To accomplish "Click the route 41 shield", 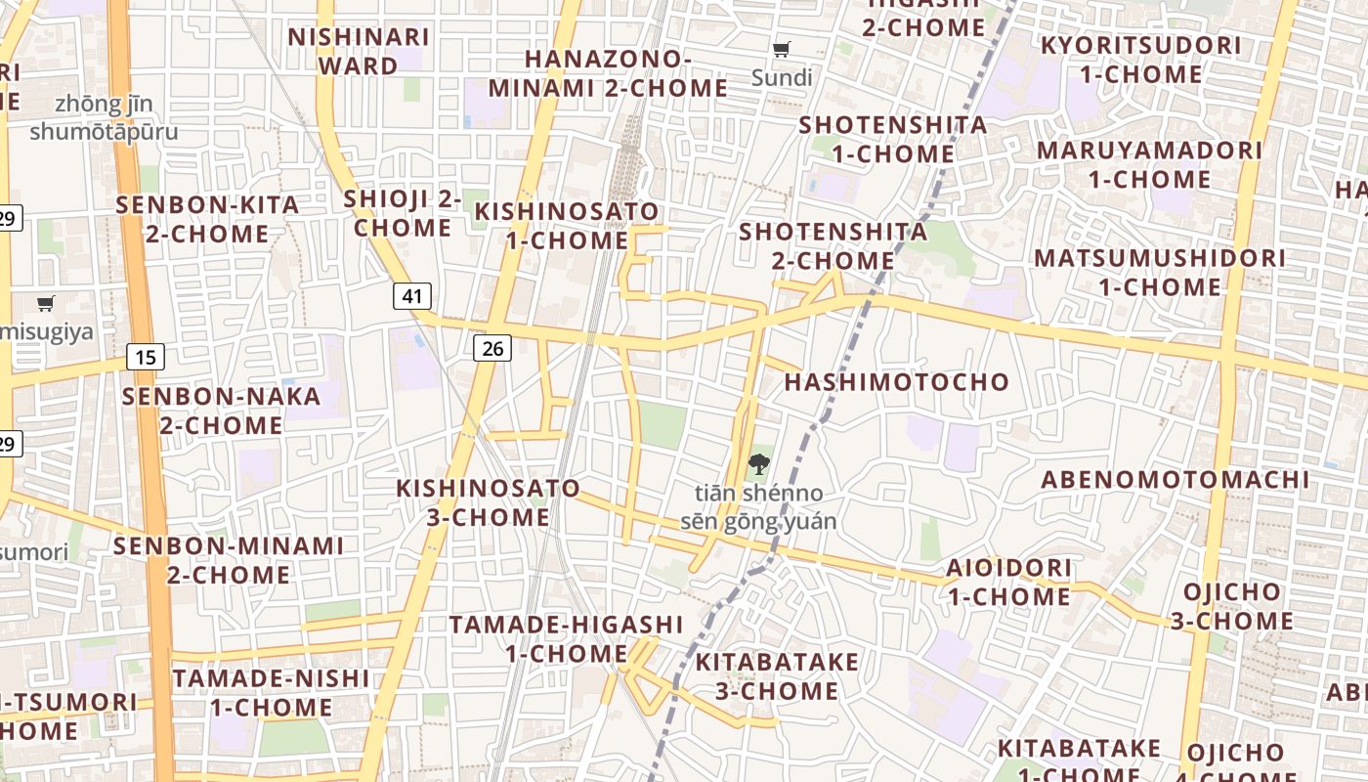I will pyautogui.click(x=412, y=296).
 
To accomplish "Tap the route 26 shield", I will pyautogui.click(x=492, y=347).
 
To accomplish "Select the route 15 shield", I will pyautogui.click(x=145, y=357).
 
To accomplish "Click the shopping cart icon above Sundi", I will pyautogui.click(x=781, y=50).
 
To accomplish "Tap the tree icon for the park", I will pyautogui.click(x=758, y=464).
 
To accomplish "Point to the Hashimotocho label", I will pyautogui.click(x=897, y=382).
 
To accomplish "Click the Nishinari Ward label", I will pyautogui.click(x=358, y=51).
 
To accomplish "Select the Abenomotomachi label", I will pyautogui.click(x=1175, y=480).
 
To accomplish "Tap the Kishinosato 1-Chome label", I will pyautogui.click(x=567, y=226).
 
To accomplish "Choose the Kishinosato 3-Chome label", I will pyautogui.click(x=488, y=502).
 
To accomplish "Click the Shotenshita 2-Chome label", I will pyautogui.click(x=833, y=246).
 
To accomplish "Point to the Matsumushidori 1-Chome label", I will pyautogui.click(x=1160, y=273).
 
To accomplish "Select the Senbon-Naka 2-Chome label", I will pyautogui.click(x=221, y=411).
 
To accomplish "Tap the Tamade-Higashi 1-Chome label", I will pyautogui.click(x=566, y=638).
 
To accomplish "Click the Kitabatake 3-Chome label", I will pyautogui.click(x=777, y=676).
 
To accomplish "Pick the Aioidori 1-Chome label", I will pyautogui.click(x=1008, y=582).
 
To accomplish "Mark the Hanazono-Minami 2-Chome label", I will pyautogui.click(x=608, y=73).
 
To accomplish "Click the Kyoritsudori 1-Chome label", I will pyautogui.click(x=1140, y=60).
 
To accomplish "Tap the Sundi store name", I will pyautogui.click(x=782, y=78).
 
